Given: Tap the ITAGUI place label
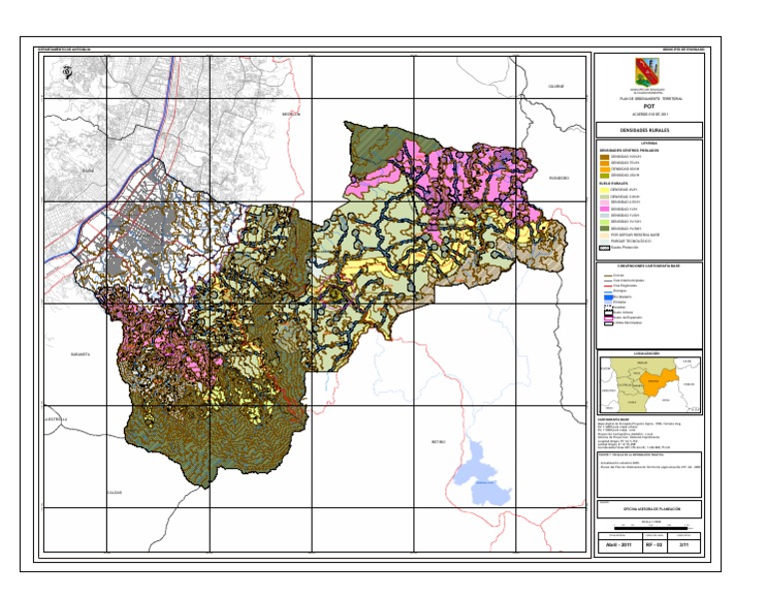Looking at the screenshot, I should pos(87,170).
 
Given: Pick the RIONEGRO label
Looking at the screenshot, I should pos(558,178).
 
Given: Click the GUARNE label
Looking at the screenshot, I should pos(555,87).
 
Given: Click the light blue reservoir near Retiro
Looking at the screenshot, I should pos(486,474).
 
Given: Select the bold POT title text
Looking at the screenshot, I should pos(647,103).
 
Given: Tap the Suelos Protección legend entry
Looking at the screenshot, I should pos(616,248).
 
